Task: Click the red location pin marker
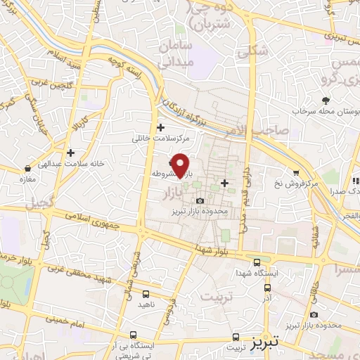point(181,165)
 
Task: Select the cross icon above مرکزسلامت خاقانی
point(161,128)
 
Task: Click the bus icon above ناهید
point(146,294)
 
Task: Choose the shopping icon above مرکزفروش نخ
point(297,173)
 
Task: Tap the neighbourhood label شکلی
point(255,50)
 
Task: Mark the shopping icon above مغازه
point(27,169)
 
